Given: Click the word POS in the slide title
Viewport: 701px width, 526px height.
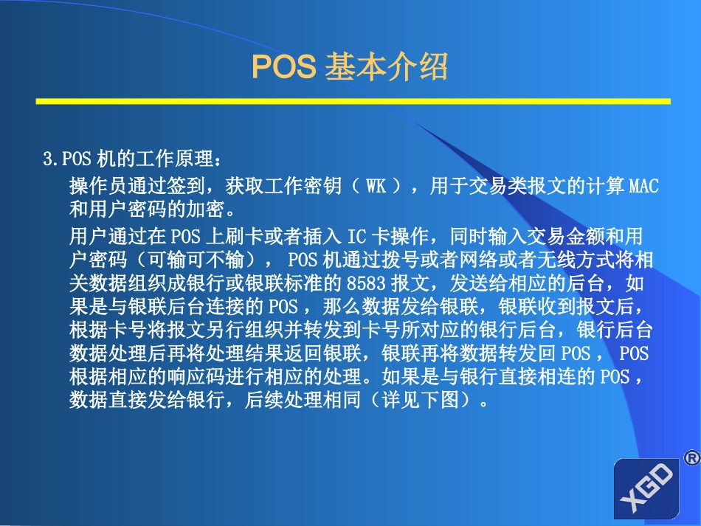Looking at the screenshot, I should [x=283, y=68].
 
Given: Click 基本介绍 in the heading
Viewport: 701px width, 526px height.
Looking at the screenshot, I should [x=386, y=68].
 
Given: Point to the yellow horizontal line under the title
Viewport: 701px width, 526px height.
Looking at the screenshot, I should [x=353, y=101].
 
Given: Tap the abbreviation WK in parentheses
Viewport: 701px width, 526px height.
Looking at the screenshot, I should [x=376, y=186].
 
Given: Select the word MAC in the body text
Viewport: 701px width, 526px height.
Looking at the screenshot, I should [x=643, y=186].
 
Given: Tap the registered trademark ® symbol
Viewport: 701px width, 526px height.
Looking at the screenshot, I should [x=691, y=458].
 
